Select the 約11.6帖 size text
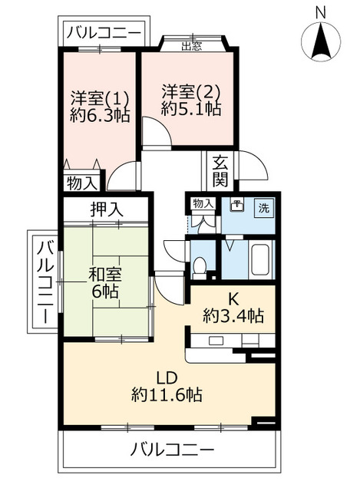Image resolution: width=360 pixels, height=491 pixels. pos(167,395)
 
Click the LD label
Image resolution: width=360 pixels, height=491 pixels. pos(167,378)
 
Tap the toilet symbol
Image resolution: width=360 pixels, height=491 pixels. pos(200,265)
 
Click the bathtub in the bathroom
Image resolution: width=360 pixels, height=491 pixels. pos(259,260)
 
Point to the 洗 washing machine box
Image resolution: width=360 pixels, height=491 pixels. pos(263,208)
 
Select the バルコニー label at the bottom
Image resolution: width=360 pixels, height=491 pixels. pos(172,449)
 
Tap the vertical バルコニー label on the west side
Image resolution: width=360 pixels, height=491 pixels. pos(45,281)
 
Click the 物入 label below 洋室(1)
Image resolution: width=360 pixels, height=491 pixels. pos(81,184)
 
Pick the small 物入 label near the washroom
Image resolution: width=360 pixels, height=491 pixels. pos(203,204)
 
